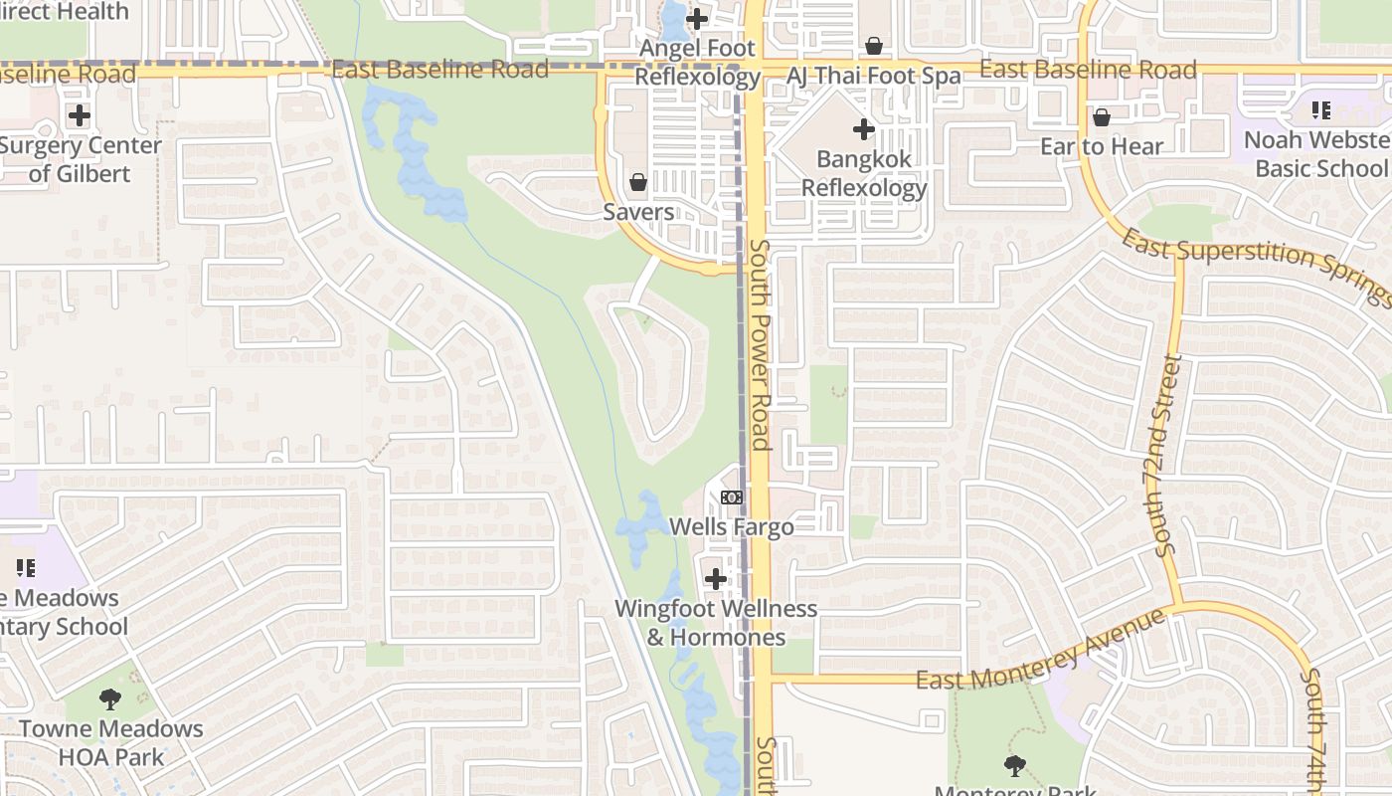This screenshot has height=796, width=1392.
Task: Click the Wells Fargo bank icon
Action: click(732, 497)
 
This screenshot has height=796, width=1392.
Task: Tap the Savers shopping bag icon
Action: click(638, 182)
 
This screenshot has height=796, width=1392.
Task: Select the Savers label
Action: click(638, 212)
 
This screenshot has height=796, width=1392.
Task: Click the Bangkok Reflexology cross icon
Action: click(864, 129)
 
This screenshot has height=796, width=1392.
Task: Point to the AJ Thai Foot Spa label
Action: click(874, 76)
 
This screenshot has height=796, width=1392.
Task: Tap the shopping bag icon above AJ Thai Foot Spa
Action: click(874, 46)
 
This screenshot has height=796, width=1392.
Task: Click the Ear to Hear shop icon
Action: click(1102, 117)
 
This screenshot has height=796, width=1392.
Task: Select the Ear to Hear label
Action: click(1102, 147)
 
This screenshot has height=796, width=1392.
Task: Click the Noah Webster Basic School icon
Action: click(1320, 110)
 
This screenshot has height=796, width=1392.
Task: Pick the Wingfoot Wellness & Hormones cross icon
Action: click(716, 578)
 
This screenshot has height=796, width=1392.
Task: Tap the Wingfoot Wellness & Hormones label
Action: click(716, 623)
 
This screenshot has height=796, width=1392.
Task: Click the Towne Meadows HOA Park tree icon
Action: click(110, 698)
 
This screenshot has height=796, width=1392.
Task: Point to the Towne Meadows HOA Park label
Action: click(110, 742)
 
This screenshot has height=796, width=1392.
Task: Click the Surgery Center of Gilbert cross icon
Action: click(79, 115)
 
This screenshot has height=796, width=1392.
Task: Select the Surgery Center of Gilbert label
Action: click(80, 159)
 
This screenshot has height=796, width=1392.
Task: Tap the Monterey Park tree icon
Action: click(1015, 765)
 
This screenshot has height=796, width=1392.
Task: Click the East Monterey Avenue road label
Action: click(1040, 654)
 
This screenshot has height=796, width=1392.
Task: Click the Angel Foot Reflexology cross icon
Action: click(697, 19)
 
